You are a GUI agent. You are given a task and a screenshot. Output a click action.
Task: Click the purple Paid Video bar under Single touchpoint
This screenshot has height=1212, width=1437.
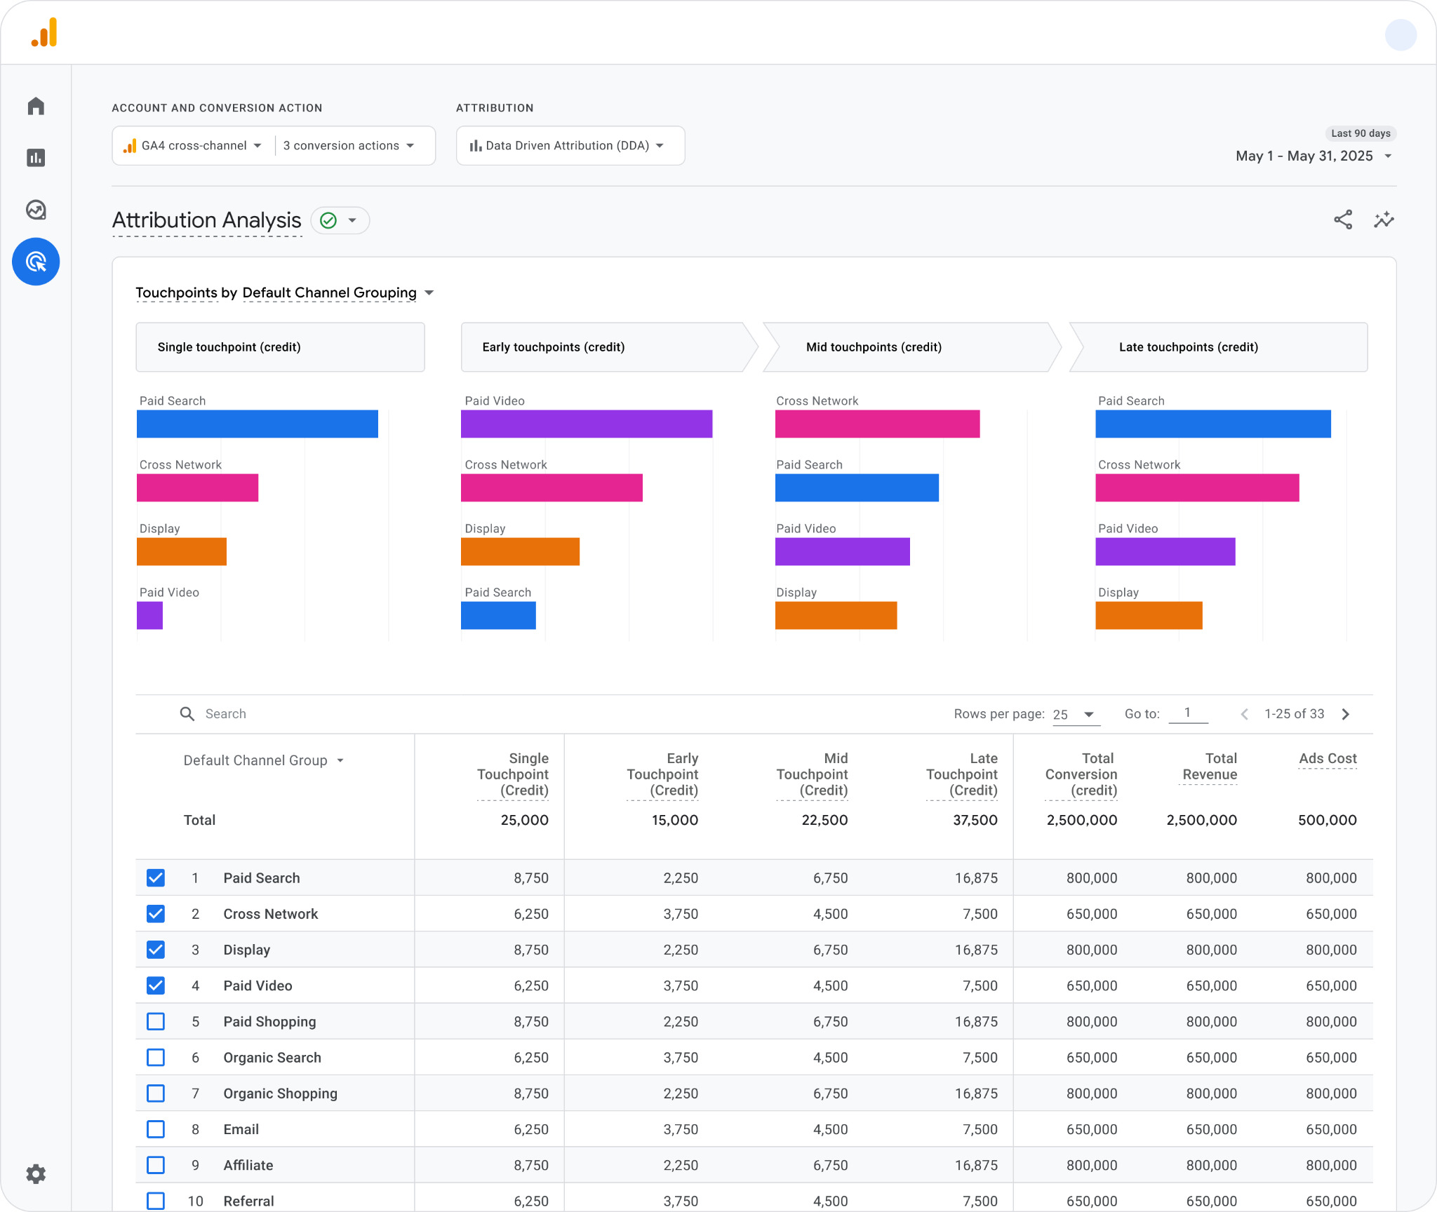[149, 615]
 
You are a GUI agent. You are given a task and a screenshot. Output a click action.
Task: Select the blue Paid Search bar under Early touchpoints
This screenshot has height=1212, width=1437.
[498, 615]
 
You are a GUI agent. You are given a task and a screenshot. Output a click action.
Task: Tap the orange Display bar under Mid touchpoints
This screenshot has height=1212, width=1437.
[836, 615]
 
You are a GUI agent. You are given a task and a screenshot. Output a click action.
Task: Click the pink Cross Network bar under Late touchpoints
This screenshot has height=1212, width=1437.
[1197, 487]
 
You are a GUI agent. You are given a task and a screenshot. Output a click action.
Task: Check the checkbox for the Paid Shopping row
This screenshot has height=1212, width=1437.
[156, 1021]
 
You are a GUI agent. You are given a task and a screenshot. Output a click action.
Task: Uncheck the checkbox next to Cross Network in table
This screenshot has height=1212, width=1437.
[156, 913]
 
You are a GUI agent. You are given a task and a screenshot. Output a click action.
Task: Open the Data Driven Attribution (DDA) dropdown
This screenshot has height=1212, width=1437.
[570, 145]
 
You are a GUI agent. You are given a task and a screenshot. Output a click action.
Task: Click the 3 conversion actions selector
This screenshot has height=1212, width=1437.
[349, 145]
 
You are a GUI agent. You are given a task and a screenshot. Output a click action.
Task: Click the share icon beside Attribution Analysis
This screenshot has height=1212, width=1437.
[1343, 220]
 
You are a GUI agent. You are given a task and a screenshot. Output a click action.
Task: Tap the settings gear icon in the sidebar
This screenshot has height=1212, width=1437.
[36, 1173]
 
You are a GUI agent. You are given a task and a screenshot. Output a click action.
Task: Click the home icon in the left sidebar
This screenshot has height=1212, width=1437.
[36, 106]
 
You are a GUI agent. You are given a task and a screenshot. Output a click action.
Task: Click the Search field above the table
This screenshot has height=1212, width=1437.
[226, 713]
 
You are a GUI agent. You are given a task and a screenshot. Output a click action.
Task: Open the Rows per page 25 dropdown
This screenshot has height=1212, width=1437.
[1074, 714]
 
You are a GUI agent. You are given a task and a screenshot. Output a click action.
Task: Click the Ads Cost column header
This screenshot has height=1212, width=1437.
[1328, 758]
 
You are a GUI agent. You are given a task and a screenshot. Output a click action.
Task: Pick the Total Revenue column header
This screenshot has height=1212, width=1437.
[1210, 766]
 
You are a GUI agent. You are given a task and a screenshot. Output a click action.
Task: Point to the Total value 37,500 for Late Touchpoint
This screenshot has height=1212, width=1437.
[975, 820]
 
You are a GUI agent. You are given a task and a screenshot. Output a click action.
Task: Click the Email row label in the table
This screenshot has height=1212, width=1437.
[241, 1129]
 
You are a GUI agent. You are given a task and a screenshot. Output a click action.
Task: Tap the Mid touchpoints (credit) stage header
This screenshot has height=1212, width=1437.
[874, 347]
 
